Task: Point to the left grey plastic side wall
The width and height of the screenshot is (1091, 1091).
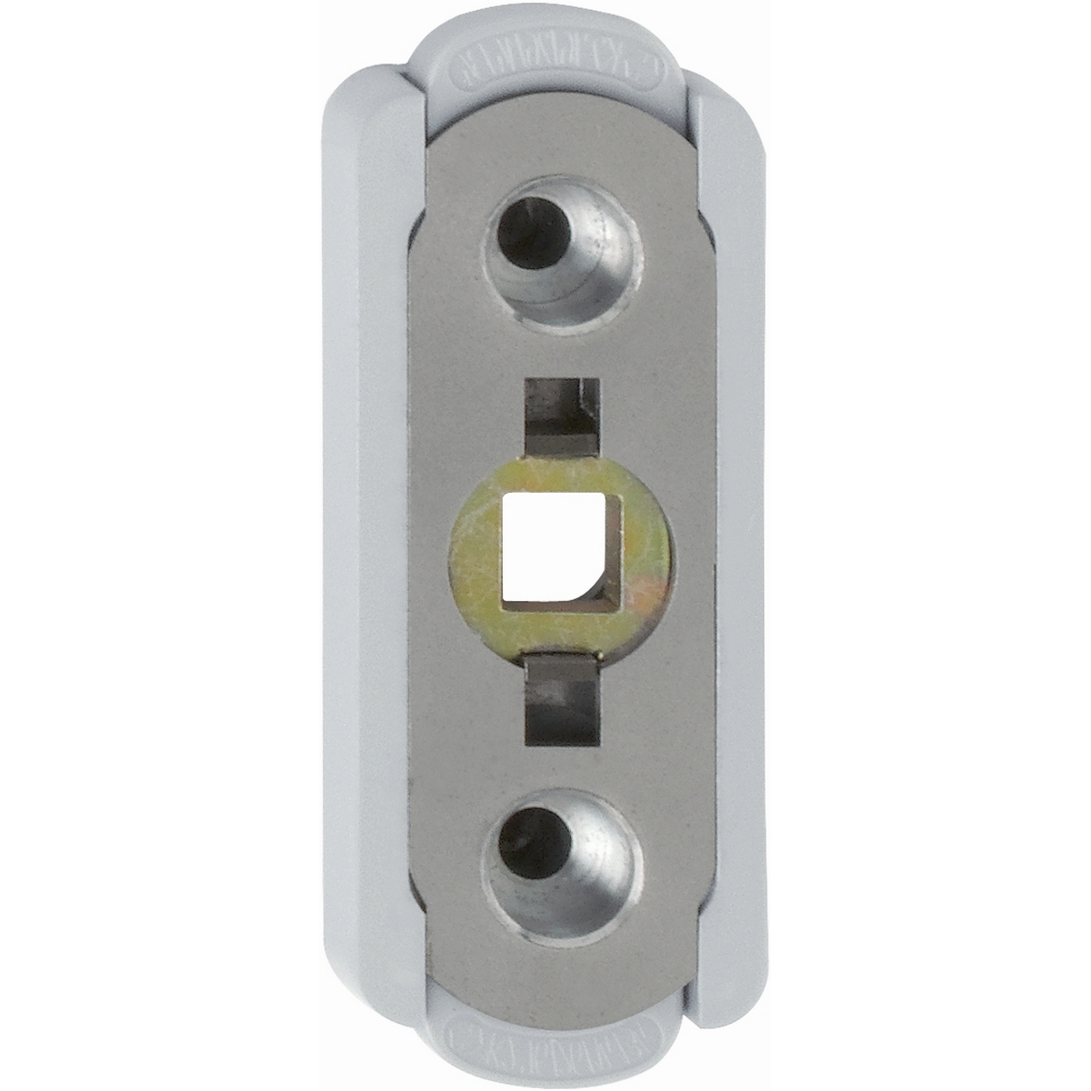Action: (x=364, y=545)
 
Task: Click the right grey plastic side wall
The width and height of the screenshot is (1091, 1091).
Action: (x=732, y=545)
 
